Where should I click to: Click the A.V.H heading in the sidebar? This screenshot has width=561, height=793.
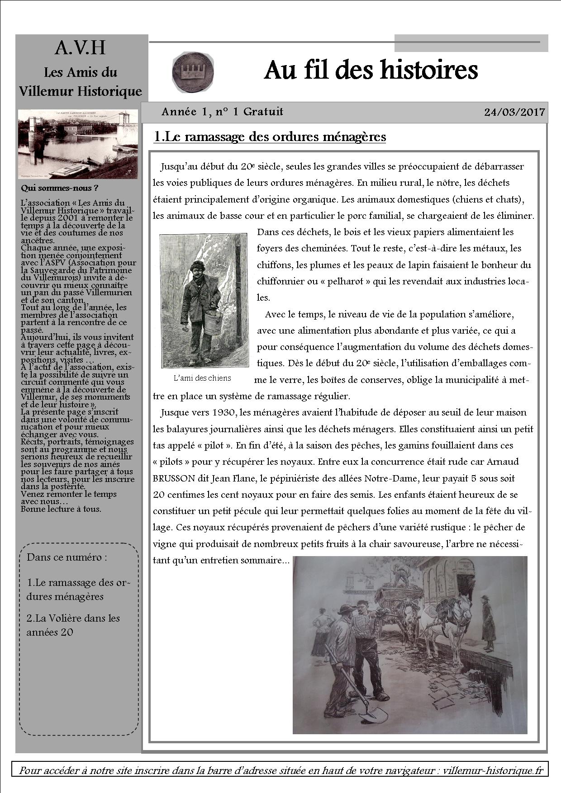80,47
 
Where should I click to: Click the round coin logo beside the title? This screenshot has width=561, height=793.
193,71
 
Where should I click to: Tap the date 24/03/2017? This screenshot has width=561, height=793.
514,112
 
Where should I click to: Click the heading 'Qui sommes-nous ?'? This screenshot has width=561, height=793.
59,188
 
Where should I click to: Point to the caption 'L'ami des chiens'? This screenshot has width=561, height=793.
202,378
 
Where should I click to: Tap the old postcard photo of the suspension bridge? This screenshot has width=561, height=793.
77,144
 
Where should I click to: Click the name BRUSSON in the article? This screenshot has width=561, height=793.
174,478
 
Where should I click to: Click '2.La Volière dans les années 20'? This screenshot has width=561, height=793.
73,625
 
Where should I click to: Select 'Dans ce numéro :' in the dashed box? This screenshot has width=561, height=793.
67,557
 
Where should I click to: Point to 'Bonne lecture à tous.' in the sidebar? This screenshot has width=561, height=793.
61,509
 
